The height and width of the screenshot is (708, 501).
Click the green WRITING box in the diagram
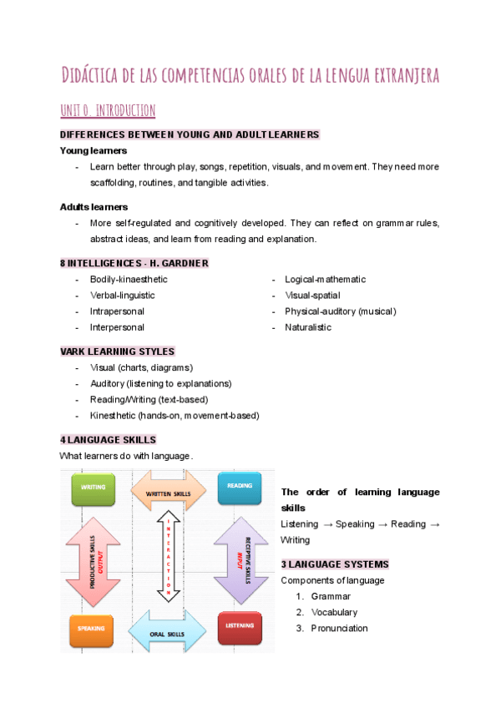click(93, 488)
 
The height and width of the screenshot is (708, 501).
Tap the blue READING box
click(240, 488)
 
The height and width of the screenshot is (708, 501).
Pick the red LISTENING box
click(240, 628)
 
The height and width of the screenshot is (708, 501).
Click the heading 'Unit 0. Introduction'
click(108, 110)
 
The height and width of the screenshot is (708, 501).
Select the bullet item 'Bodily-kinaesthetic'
click(129, 280)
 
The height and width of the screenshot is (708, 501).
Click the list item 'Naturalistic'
click(308, 327)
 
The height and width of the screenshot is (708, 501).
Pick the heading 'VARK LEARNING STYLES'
click(117, 351)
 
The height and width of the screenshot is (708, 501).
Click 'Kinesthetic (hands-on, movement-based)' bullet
click(175, 415)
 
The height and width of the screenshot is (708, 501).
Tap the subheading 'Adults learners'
click(93, 206)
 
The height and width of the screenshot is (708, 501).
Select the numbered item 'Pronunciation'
click(339, 629)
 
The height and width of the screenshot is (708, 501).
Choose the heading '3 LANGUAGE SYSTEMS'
click(335, 564)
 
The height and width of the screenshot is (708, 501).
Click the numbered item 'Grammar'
click(331, 597)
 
